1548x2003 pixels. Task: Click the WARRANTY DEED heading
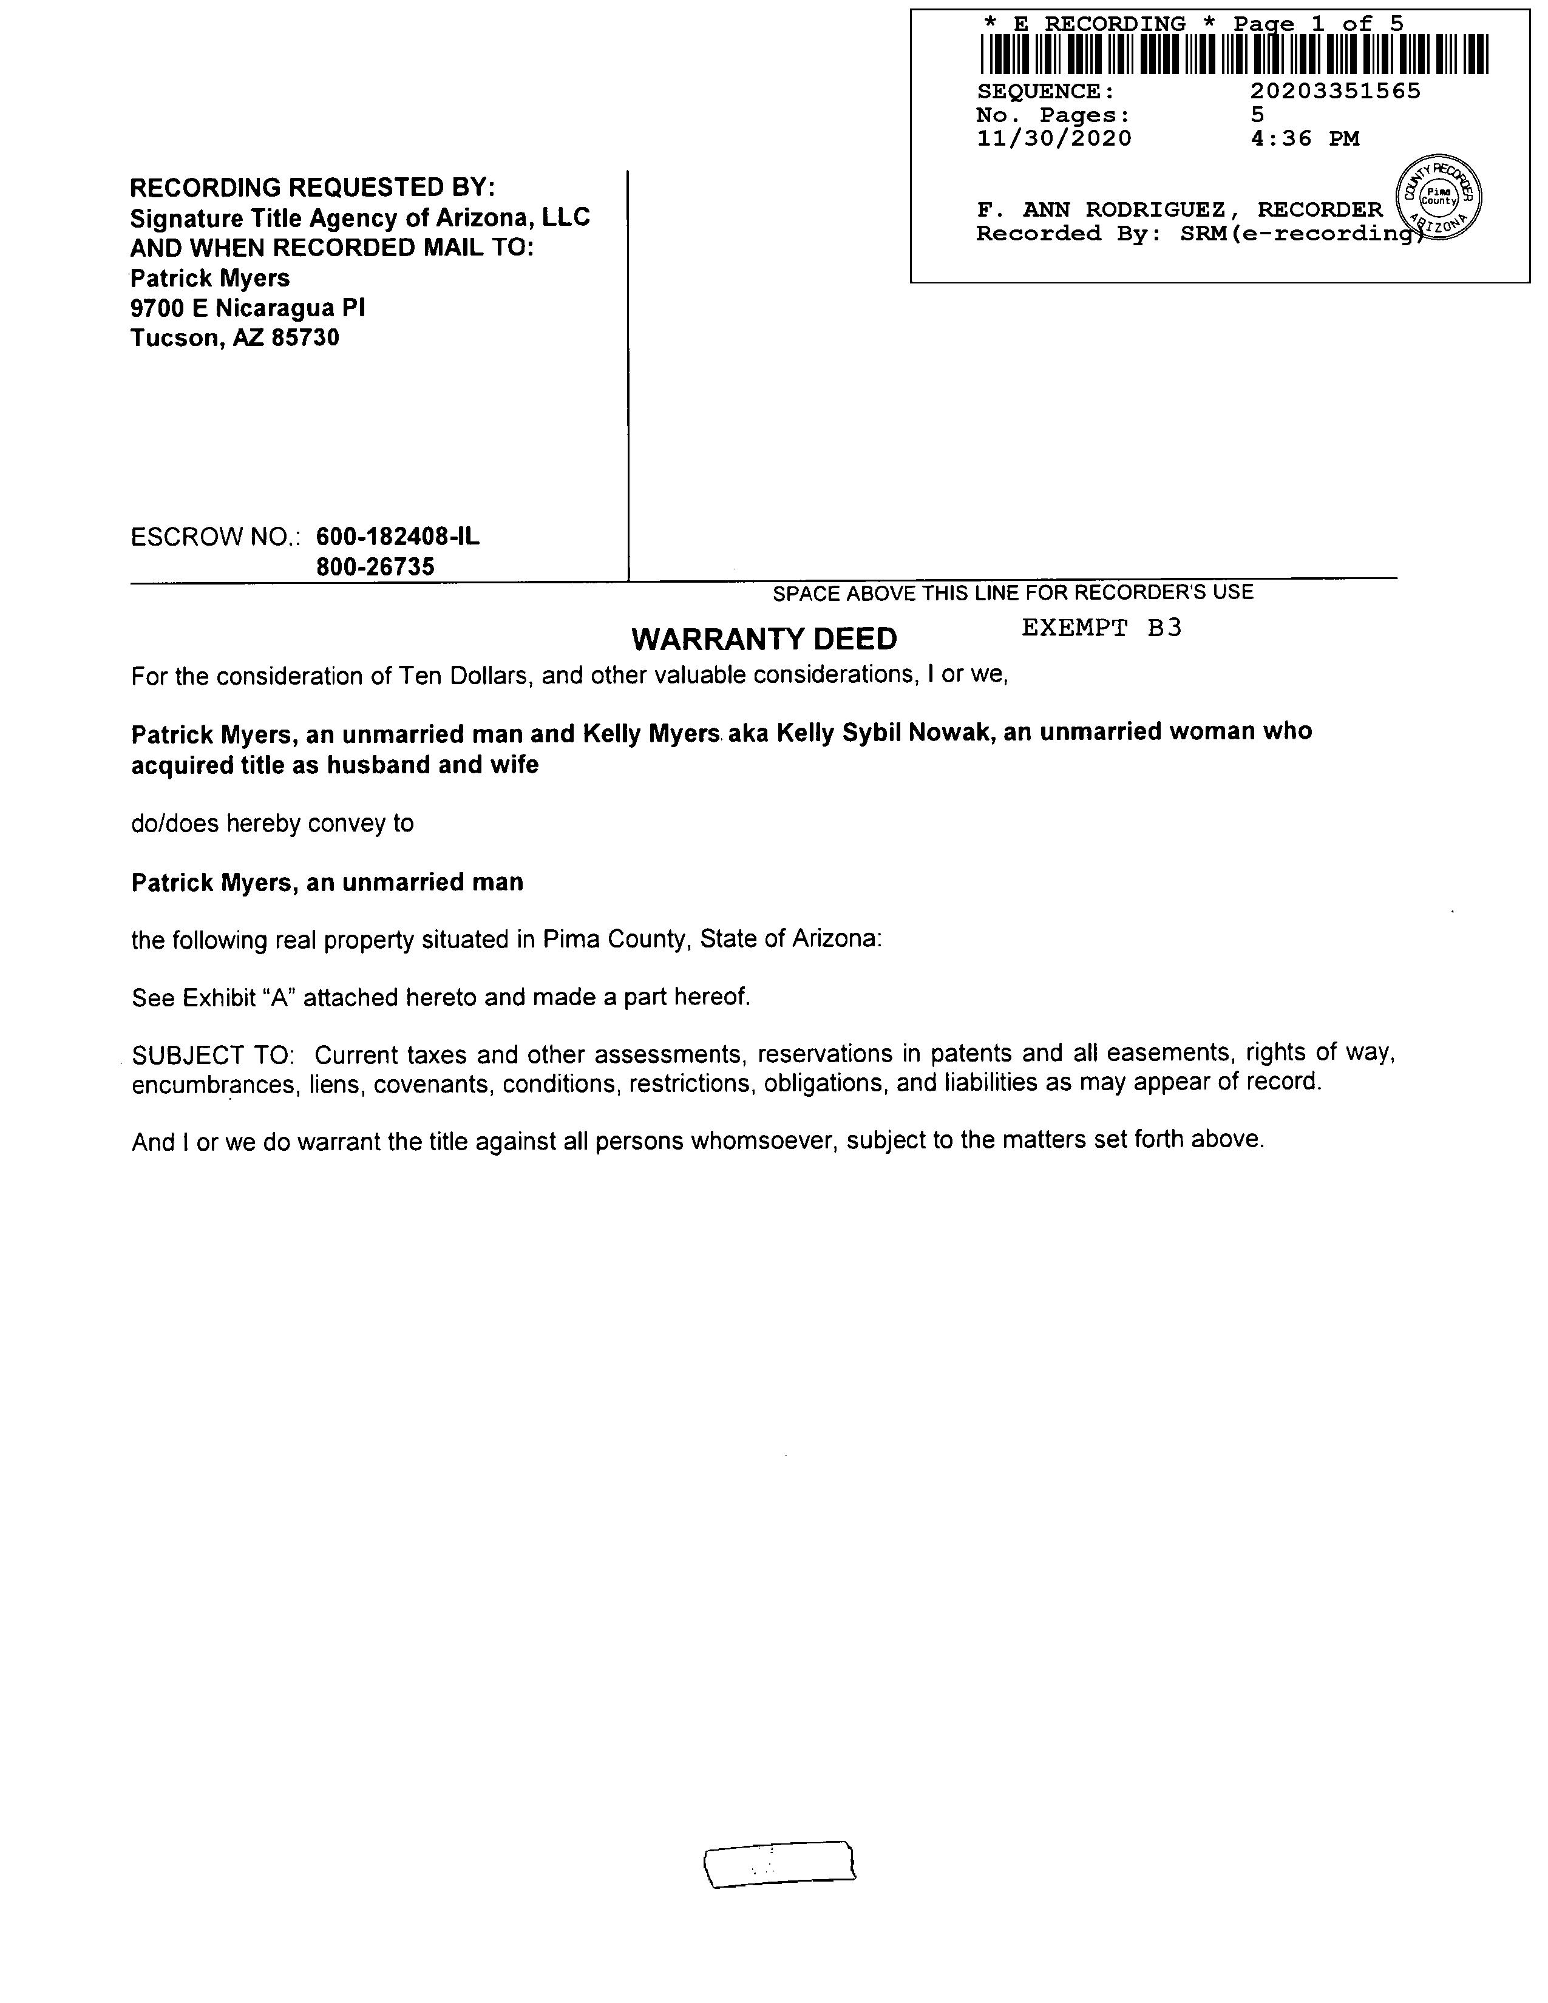tap(764, 639)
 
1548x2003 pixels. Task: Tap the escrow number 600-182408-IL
tap(397, 537)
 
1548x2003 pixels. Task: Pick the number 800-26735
tap(375, 567)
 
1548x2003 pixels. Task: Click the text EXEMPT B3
tap(1101, 628)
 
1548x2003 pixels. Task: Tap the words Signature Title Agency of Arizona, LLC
tap(359, 219)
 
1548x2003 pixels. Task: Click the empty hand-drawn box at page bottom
tap(779, 1863)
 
